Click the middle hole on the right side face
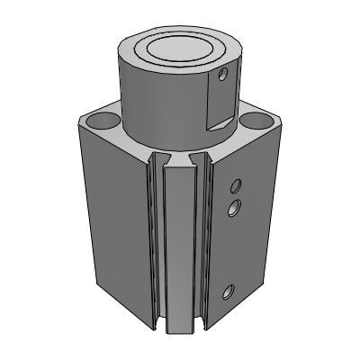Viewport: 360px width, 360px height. [x=234, y=209]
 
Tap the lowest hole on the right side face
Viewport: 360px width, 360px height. [x=229, y=291]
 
